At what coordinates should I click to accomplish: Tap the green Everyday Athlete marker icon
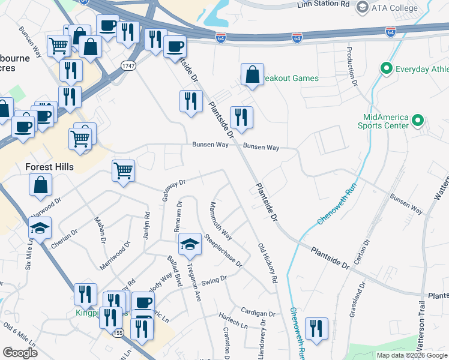(x=387, y=68)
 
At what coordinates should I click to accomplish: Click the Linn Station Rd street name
(x=323, y=4)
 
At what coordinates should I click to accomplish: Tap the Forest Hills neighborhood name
(x=49, y=167)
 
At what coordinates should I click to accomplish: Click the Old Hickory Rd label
(x=268, y=263)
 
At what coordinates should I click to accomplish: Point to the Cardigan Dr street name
(x=258, y=313)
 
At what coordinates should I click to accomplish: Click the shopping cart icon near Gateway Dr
(x=123, y=170)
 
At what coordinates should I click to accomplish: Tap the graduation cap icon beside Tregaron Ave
(x=190, y=244)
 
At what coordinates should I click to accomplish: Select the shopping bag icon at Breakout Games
(x=252, y=74)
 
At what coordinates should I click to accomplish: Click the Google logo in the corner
(x=19, y=353)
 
